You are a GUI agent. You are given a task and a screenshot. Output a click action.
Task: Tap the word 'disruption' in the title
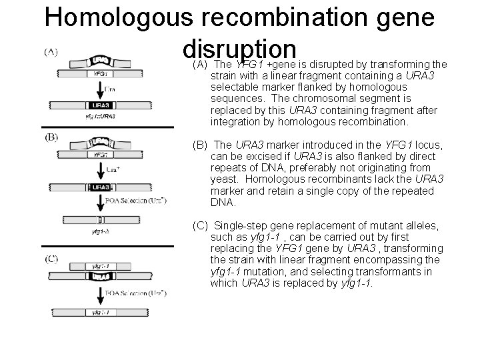(239, 49)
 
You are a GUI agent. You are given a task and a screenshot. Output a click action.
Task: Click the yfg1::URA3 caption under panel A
(100, 116)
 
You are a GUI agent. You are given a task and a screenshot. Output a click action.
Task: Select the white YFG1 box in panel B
(101, 155)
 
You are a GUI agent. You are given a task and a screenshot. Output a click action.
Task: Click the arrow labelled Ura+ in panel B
(99, 170)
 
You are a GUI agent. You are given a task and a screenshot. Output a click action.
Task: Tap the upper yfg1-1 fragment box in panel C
(100, 265)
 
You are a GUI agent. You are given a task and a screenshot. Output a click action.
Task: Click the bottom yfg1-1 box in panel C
(100, 311)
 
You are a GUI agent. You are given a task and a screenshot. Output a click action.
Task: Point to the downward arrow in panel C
(99, 292)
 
